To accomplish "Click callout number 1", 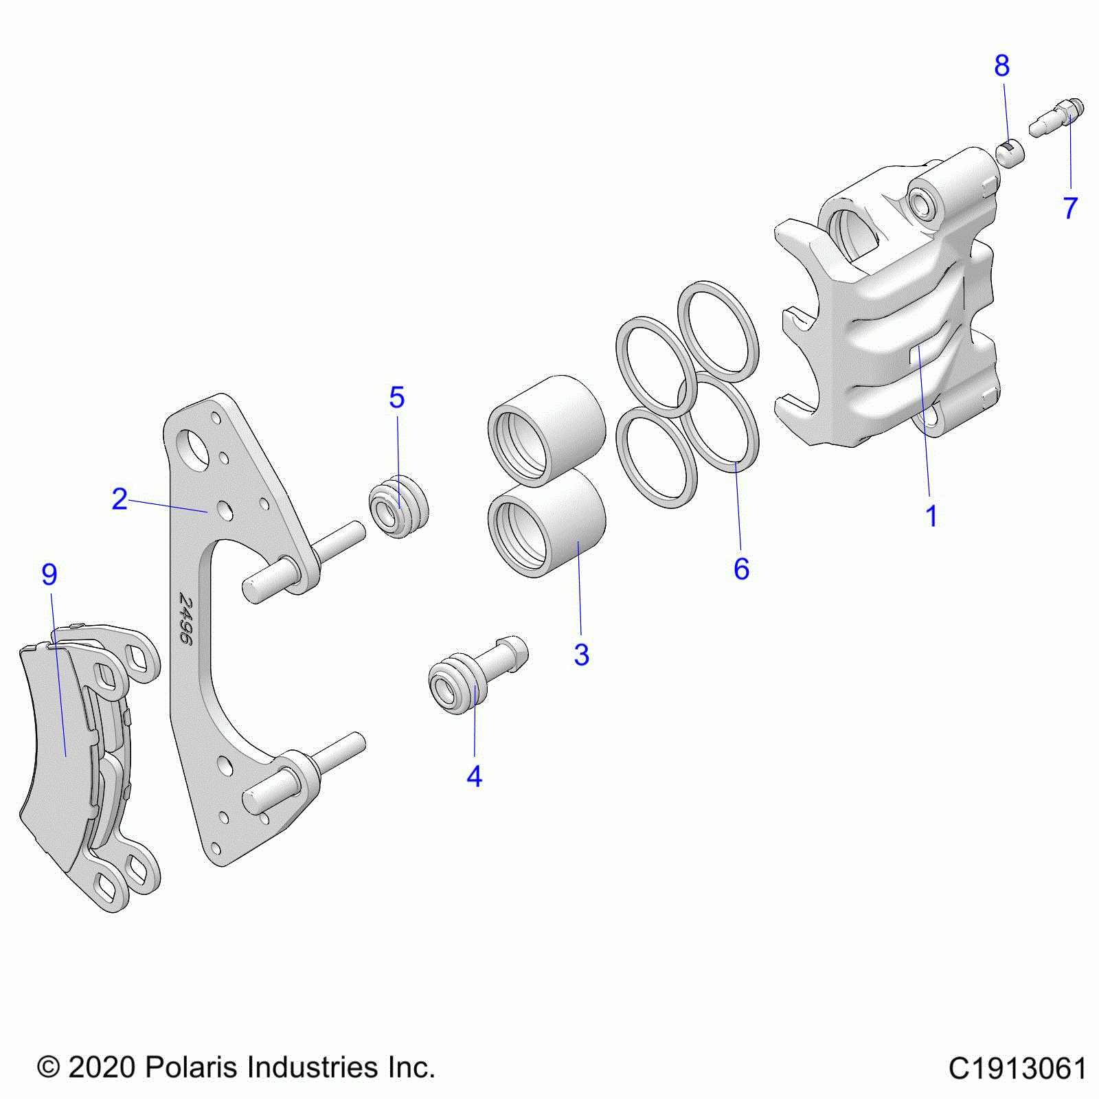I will click(x=931, y=517).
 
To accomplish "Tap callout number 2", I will click(x=120, y=499).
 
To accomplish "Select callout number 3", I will click(x=581, y=655).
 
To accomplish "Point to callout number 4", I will click(x=474, y=776).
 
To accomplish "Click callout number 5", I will click(x=397, y=398).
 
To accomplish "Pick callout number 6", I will click(x=741, y=569).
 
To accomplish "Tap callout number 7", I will click(x=1070, y=207).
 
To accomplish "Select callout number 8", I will click(x=1001, y=66).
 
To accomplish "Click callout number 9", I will click(x=49, y=574).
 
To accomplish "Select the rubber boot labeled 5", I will click(x=398, y=506).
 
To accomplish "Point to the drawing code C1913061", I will click(x=1017, y=1069).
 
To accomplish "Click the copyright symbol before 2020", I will click(x=48, y=1068).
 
